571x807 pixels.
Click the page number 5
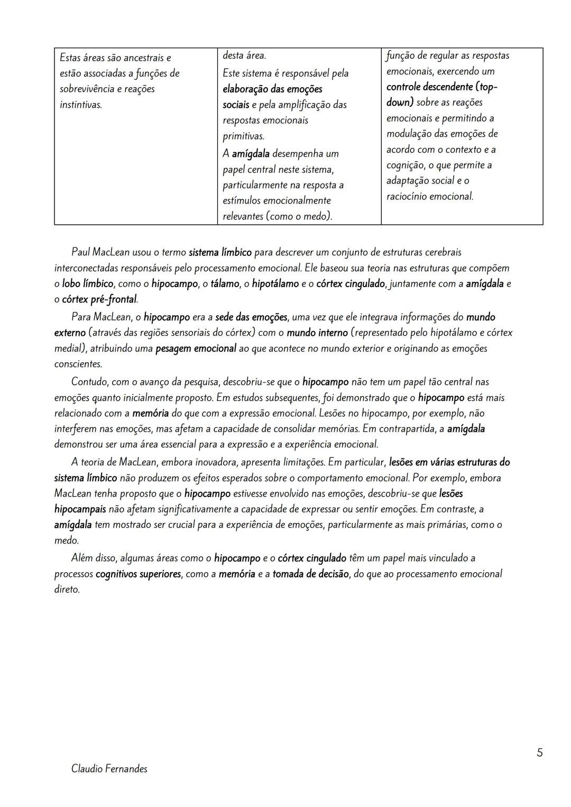point(539,753)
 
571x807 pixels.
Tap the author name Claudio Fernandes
point(109,769)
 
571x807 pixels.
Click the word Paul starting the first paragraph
point(80,252)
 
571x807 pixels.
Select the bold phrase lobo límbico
point(88,284)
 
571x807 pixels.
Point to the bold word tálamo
point(225,284)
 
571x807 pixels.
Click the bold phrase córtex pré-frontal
point(99,300)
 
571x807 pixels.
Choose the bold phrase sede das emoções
point(251,317)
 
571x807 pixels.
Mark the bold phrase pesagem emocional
point(196,349)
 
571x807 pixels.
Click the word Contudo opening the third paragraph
point(88,382)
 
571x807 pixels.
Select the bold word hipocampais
point(80,509)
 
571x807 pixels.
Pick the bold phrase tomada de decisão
point(310,574)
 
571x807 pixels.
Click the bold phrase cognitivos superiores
point(138,574)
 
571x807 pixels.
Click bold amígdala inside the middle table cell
point(251,154)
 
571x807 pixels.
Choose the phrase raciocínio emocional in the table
point(429,197)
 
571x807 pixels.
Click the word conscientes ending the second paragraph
point(78,364)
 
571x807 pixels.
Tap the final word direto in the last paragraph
point(67,590)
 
